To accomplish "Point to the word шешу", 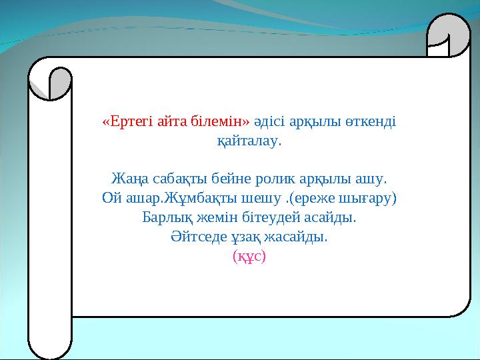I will pyautogui.click(x=251, y=199).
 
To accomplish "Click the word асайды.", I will pyautogui.click(x=331, y=217).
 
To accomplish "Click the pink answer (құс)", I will pyautogui.click(x=249, y=256).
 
